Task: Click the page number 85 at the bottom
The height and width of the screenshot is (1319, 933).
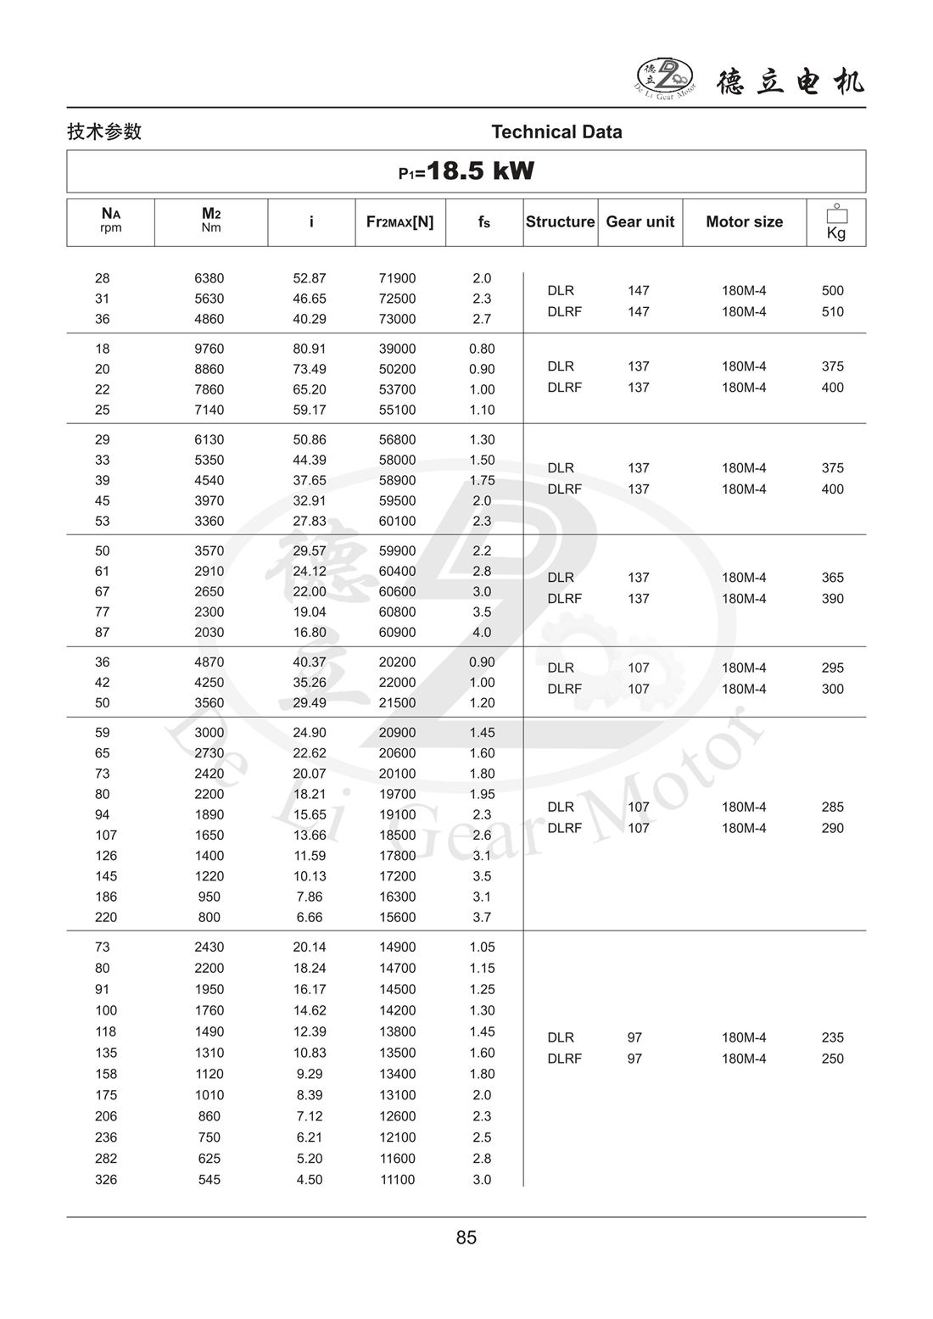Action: click(x=466, y=1238)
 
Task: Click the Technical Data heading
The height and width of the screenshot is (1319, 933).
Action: click(x=556, y=131)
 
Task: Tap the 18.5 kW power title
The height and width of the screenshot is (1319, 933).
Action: click(x=466, y=171)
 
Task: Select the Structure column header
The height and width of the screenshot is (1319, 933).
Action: click(x=560, y=221)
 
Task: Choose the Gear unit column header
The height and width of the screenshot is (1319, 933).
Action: click(x=640, y=221)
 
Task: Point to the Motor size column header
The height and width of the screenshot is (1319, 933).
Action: click(x=744, y=221)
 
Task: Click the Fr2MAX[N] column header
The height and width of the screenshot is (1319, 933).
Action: click(x=399, y=221)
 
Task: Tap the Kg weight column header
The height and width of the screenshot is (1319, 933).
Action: click(x=835, y=223)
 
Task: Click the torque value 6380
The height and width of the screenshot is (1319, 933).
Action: click(x=210, y=278)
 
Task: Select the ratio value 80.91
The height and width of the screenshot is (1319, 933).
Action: click(x=310, y=349)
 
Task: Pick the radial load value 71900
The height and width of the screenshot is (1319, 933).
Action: click(x=397, y=278)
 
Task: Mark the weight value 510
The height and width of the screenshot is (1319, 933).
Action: click(x=832, y=311)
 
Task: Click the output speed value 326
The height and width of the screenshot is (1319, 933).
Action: click(x=106, y=1180)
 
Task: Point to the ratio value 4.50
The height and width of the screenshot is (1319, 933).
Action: click(x=310, y=1180)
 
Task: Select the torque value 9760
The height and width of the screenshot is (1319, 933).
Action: click(x=210, y=349)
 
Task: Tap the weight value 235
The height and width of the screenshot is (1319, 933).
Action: click(x=832, y=1037)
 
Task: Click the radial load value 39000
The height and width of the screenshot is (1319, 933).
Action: click(x=397, y=349)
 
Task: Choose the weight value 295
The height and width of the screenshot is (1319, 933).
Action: click(x=832, y=668)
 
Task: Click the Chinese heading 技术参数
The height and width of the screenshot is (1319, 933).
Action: click(x=104, y=131)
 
